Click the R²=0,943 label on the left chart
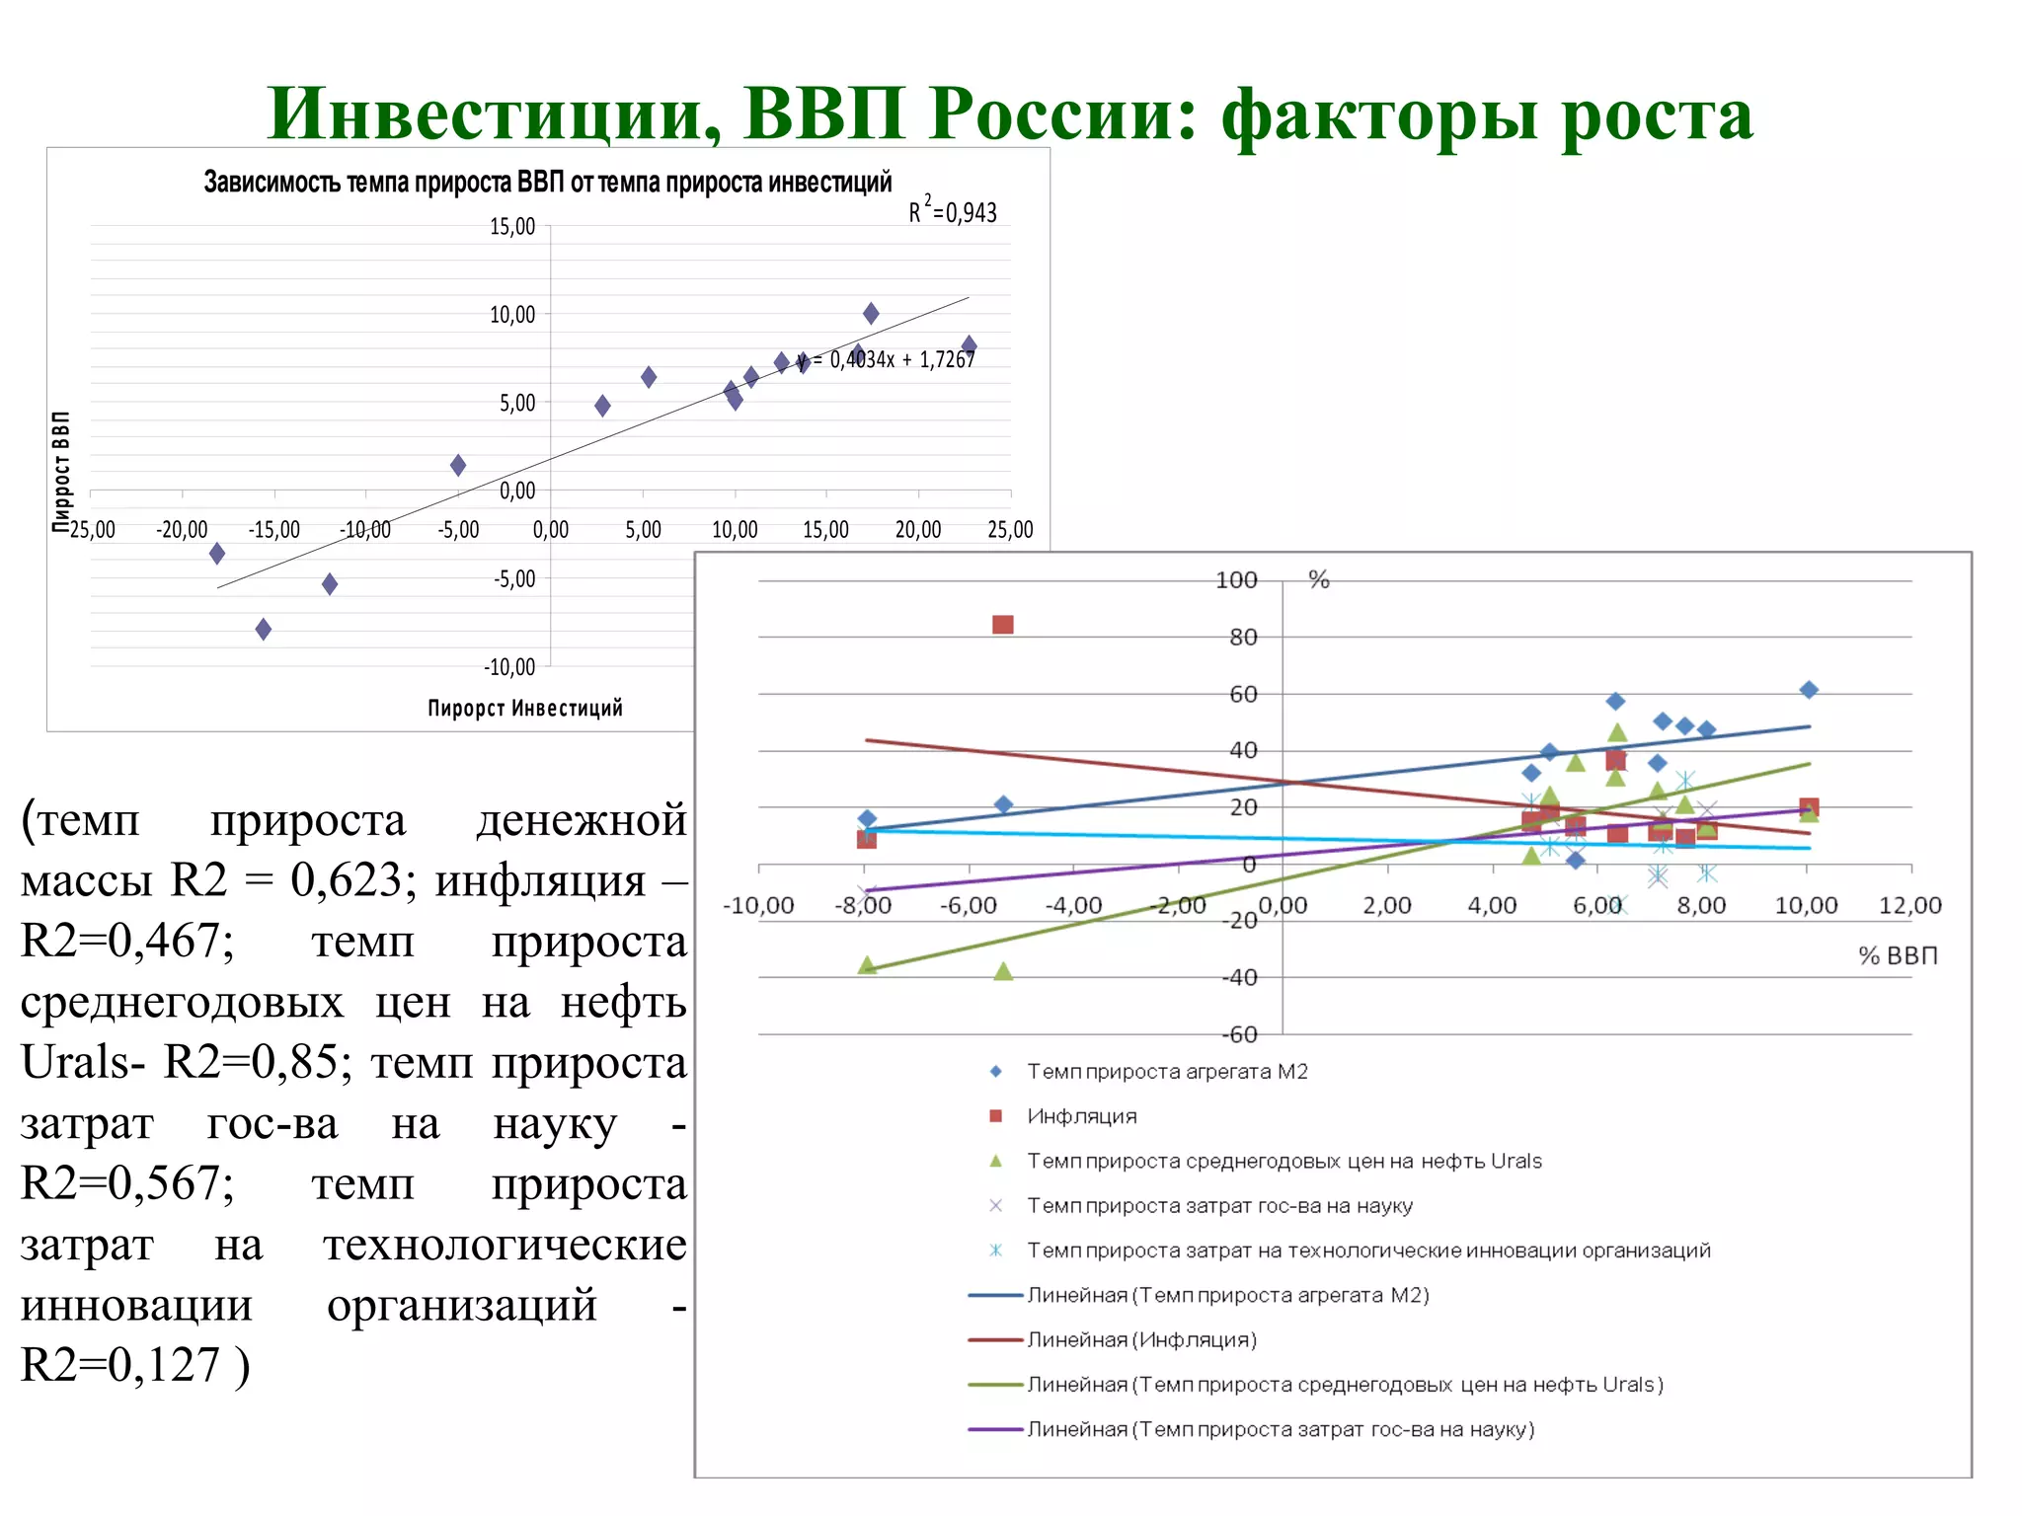pos(953,211)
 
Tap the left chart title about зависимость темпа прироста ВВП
pos(548,183)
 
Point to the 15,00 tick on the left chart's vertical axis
pos(512,227)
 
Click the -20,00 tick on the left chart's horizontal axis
pos(182,530)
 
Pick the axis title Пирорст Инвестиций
pos(525,708)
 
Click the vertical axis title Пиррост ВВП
pos(61,472)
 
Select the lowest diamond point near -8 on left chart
pos(264,629)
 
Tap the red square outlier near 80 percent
pos(1003,625)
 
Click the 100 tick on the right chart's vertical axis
pos(1236,580)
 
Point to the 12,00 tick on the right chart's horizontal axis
pos(1909,905)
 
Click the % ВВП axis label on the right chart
pos(1898,955)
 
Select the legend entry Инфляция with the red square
pos(1081,1116)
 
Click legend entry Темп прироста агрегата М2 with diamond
pos(1166,1072)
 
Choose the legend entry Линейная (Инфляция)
pos(1141,1340)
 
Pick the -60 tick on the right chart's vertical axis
pos(1240,1034)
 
